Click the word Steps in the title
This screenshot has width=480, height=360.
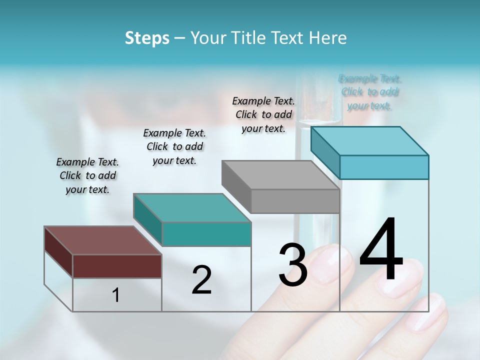point(147,38)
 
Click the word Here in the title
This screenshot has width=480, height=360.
point(328,38)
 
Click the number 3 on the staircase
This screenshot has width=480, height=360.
point(293,265)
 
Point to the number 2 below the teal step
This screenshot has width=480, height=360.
point(201,280)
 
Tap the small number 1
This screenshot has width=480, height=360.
point(116,295)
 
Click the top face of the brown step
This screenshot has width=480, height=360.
point(103,240)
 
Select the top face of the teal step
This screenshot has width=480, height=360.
point(192,207)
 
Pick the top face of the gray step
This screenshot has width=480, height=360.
point(280,175)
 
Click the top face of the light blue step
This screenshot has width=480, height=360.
point(369,140)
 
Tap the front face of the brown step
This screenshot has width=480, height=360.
point(117,266)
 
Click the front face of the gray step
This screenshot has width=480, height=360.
point(295,201)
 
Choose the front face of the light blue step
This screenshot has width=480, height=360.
point(384,167)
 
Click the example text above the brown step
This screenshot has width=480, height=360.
point(87,175)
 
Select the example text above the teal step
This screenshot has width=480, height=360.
point(174,146)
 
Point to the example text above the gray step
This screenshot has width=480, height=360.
point(263,114)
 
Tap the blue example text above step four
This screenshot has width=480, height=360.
point(370,92)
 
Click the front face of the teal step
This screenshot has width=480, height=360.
point(206,234)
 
